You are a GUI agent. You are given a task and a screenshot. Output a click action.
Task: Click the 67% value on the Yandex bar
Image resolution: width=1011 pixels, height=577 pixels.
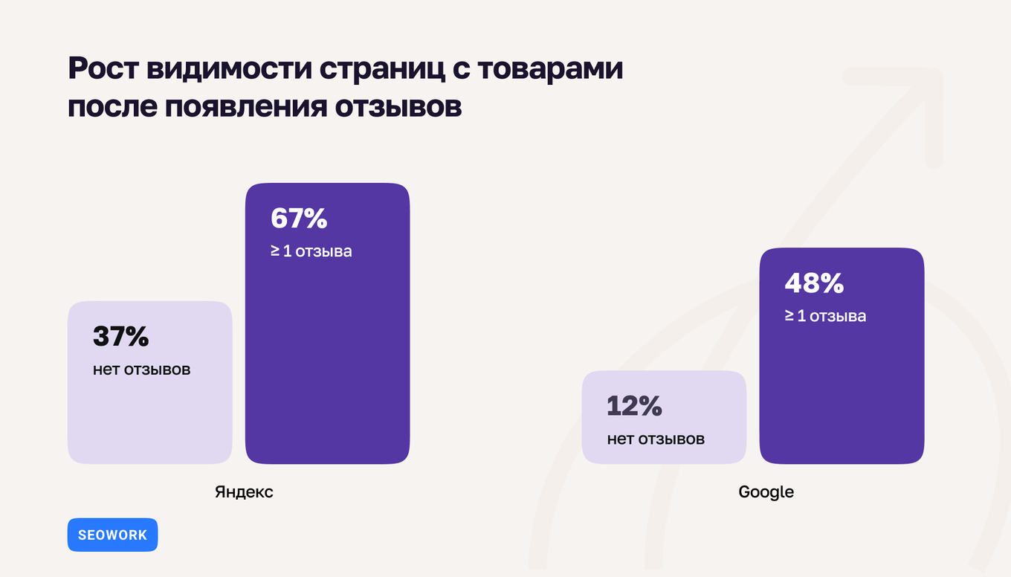tap(299, 219)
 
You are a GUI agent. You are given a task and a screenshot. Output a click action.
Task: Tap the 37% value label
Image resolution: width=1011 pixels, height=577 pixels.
tap(121, 337)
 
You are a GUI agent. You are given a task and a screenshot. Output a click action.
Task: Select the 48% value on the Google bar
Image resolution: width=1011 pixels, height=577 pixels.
tap(814, 283)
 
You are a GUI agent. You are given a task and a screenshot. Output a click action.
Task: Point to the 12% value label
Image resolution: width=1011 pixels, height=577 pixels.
tap(634, 406)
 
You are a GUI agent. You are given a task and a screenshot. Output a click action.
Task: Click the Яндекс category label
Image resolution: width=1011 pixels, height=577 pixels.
tap(244, 492)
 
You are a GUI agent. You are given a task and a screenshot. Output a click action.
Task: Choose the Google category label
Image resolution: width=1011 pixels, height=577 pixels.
tap(766, 492)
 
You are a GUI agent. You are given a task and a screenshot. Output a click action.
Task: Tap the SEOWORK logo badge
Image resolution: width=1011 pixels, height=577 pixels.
tap(112, 535)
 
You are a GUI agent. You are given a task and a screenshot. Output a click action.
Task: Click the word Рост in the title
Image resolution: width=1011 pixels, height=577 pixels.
tap(103, 69)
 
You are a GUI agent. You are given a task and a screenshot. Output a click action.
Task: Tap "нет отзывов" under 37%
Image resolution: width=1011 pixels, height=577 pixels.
tap(141, 370)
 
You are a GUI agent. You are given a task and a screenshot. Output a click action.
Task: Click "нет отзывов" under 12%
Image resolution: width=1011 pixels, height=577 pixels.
tap(656, 439)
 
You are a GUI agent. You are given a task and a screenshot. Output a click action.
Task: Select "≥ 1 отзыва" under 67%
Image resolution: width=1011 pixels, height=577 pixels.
tap(311, 251)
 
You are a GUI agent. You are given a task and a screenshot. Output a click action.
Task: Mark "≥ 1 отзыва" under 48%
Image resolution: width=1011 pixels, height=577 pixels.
tap(825, 316)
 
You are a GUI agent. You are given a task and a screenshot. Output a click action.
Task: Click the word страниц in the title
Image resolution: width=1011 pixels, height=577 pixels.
tap(386, 69)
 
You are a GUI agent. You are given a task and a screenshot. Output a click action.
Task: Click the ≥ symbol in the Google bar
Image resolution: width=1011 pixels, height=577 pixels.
tap(789, 316)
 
